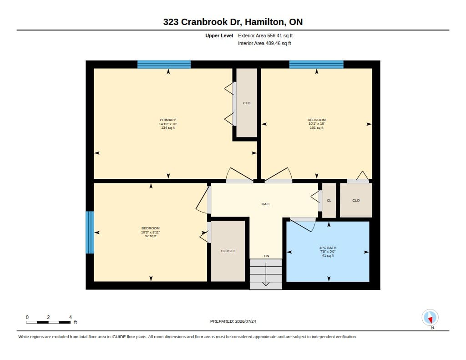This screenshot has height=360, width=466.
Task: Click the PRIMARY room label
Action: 167,120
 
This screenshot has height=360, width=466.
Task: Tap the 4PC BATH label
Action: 328,248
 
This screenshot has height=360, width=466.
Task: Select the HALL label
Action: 266,204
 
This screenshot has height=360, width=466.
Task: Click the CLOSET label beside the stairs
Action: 228,251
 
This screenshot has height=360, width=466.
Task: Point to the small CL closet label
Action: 329,200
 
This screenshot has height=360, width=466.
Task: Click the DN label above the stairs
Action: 267,256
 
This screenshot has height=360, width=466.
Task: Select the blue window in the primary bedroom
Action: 164,65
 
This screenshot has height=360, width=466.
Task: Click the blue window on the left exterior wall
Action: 90,232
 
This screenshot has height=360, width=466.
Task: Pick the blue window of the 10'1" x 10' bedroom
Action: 316,65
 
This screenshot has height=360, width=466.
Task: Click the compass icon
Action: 430,318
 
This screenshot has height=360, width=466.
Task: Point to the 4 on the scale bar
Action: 71,317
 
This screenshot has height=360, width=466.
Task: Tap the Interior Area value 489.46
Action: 273,43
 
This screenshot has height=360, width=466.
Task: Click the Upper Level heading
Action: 219,35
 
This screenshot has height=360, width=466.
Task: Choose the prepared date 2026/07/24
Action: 245,321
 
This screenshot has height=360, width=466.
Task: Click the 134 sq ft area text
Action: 168,127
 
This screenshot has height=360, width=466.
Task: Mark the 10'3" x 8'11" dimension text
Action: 150,232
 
